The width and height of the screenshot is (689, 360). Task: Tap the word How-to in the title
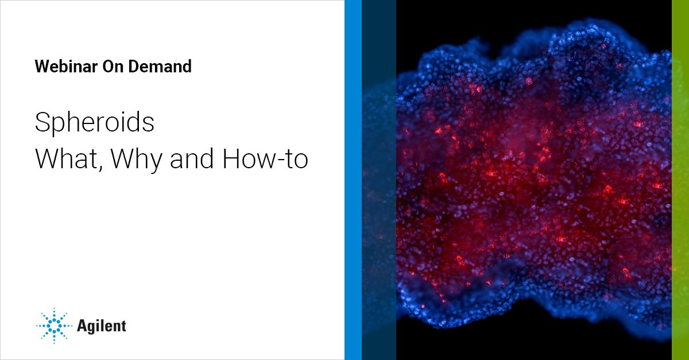point(265,158)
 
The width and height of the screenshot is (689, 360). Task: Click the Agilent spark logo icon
point(55,326)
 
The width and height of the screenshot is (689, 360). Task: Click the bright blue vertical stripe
point(353,180)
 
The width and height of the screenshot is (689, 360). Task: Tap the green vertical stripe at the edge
point(680,180)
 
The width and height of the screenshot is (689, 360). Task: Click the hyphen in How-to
point(278,161)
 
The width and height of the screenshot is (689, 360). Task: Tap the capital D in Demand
point(136,67)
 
